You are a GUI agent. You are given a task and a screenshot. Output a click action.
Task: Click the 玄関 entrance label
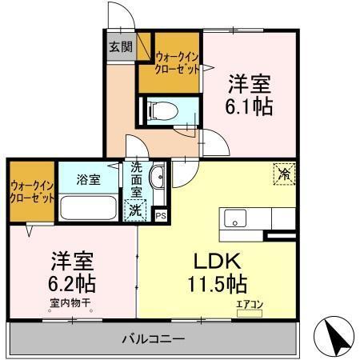click(x=121, y=46)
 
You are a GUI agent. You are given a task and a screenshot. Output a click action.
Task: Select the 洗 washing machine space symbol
click(x=136, y=211)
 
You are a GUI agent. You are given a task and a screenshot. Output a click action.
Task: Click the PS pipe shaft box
click(x=161, y=214)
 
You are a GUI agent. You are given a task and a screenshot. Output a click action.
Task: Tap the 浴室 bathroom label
click(x=88, y=179)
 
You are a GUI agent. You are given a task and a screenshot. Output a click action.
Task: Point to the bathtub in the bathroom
click(x=89, y=210)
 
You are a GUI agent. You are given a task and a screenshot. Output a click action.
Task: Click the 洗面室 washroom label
click(x=136, y=181)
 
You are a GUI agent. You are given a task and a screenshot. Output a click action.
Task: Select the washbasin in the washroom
click(x=157, y=178)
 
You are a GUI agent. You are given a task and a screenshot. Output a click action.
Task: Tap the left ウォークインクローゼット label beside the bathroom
click(x=32, y=192)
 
